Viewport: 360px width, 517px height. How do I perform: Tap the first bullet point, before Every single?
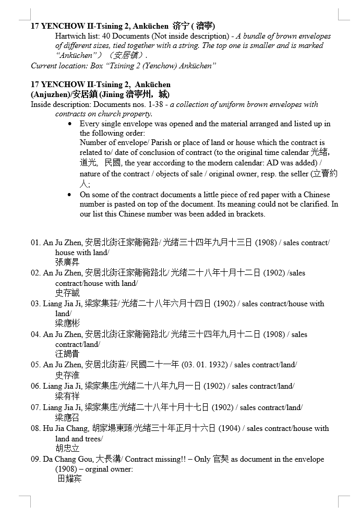tap(70, 124)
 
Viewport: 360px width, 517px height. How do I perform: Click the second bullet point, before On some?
tap(70, 195)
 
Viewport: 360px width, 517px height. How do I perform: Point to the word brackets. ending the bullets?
tap(250, 214)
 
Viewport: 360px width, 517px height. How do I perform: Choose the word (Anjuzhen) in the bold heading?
tap(49, 94)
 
